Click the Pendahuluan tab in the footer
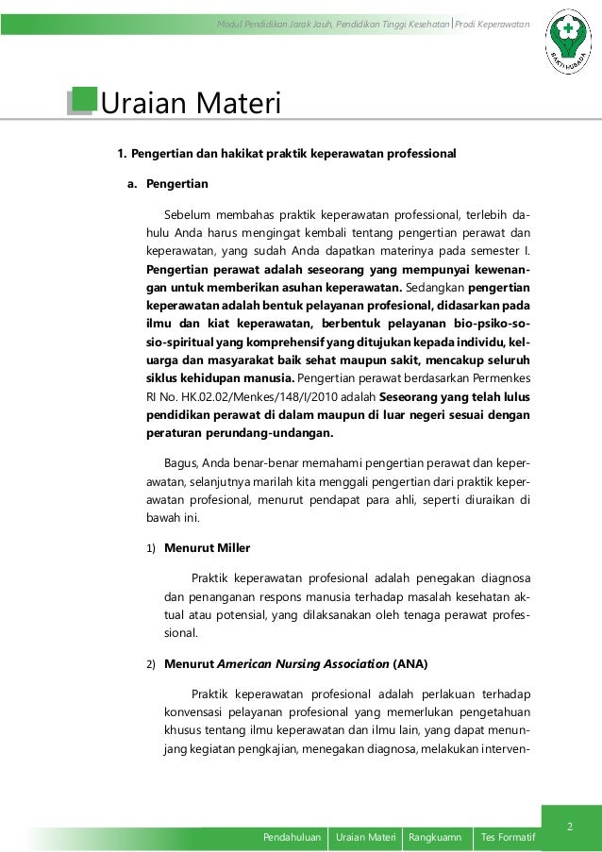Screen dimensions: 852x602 coord(292,836)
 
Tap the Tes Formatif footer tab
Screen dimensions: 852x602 coord(506,836)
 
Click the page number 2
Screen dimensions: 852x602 coord(569,827)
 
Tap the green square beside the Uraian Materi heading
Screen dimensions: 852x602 coord(83,101)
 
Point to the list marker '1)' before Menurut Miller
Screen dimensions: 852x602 coord(151,547)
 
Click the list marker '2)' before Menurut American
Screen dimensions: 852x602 coord(151,663)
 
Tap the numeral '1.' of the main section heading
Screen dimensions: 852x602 coord(121,153)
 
